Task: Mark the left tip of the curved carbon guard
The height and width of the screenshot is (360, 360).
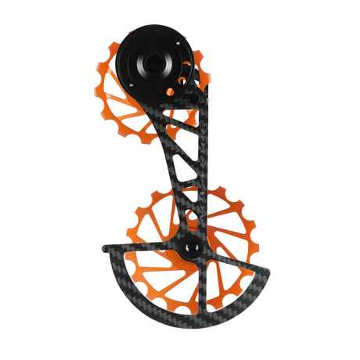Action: click(101, 249)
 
